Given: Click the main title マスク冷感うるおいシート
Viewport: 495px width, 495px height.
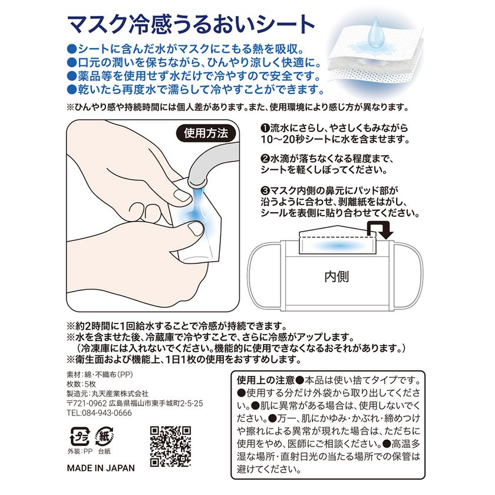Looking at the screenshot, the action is pos(192,25).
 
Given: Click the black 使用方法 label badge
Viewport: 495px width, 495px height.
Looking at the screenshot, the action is pos(206,134).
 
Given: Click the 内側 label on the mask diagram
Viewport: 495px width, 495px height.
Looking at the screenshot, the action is pos(336,276).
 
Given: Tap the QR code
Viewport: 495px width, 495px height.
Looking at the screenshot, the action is pos(170,447).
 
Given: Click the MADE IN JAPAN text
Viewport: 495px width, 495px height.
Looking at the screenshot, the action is pos(101,468).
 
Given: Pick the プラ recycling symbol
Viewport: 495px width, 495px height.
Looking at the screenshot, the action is pos(80,437).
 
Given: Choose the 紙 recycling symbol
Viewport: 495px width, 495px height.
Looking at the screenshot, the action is pos(104,437).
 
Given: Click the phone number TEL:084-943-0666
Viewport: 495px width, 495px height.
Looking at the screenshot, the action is pos(99,413).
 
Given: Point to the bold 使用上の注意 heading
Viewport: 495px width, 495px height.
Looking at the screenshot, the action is pos(266,380).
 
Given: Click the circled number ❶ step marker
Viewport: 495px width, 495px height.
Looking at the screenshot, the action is pos(265,128).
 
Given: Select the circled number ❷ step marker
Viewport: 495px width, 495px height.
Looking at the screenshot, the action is pos(265,159).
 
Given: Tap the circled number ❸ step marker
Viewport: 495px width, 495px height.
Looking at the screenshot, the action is pos(265,191).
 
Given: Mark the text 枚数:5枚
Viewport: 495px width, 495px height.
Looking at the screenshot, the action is pos(81,384).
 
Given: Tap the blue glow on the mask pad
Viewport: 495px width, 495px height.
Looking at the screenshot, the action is pos(338,245).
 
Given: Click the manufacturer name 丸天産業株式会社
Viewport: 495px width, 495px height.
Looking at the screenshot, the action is pos(120,394).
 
